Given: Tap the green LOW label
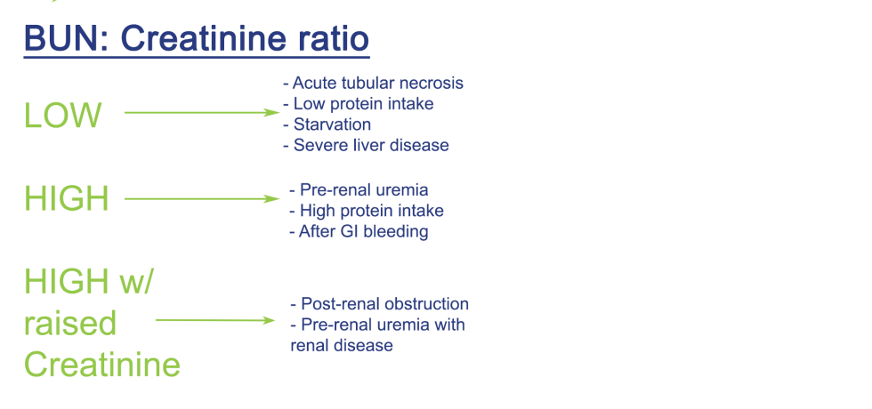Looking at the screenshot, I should [x=62, y=116].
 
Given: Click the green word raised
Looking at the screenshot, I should [x=69, y=323].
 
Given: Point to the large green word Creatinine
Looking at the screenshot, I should [x=101, y=365].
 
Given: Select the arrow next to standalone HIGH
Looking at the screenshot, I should [x=201, y=199].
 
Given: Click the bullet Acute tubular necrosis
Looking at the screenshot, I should [x=373, y=84].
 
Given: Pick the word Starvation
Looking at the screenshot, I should [x=332, y=124].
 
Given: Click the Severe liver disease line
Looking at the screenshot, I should [x=366, y=145].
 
